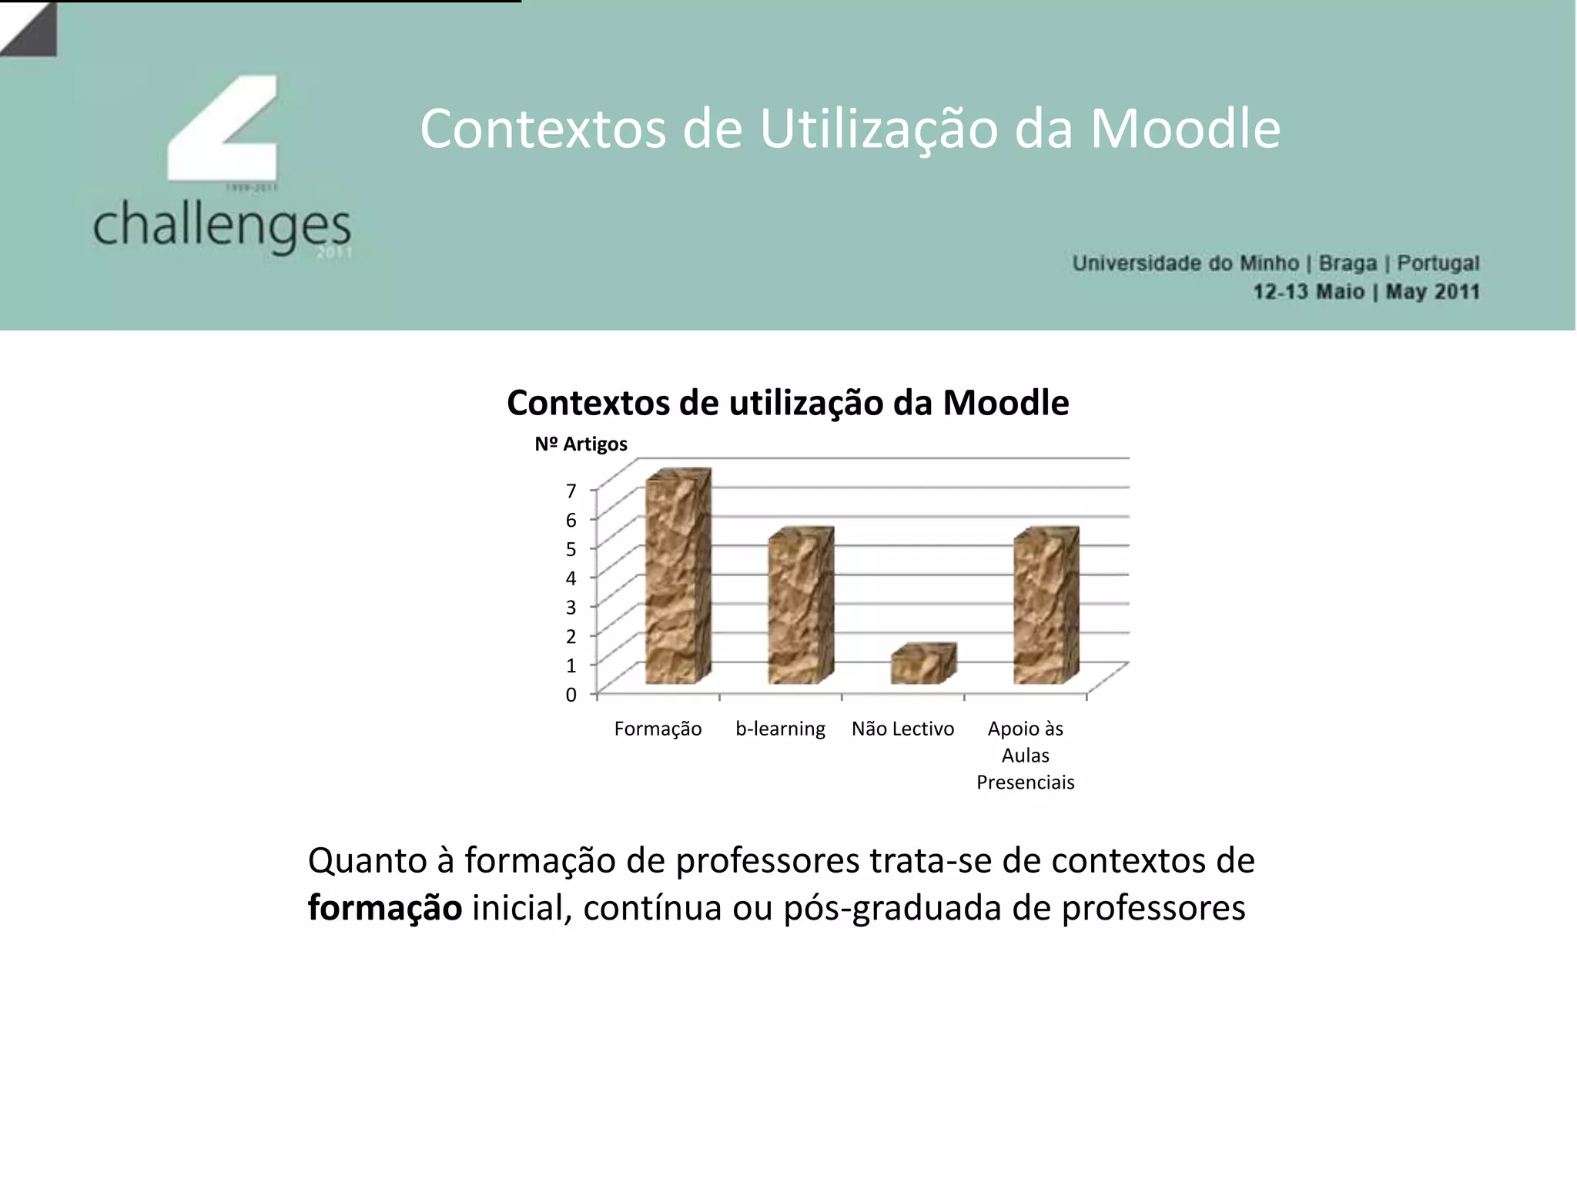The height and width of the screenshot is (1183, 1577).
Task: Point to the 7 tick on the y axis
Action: (571, 491)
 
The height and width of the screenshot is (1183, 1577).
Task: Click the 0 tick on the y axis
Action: (571, 695)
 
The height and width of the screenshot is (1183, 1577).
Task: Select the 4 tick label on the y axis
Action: (571, 578)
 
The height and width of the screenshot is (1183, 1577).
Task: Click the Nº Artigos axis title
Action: (581, 444)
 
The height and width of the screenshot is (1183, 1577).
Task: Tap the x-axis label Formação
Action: (658, 729)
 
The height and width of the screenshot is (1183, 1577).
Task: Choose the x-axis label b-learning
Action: (780, 729)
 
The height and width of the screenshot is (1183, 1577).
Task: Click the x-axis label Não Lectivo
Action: (902, 729)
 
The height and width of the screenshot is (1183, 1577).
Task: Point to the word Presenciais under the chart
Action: (1025, 783)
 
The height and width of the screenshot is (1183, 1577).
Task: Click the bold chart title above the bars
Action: (788, 403)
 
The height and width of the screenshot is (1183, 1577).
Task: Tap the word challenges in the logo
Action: (222, 225)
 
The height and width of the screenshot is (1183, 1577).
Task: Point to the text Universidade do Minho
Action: (1185, 263)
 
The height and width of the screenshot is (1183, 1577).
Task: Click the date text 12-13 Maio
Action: (1308, 292)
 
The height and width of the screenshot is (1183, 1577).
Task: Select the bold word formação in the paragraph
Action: (385, 907)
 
